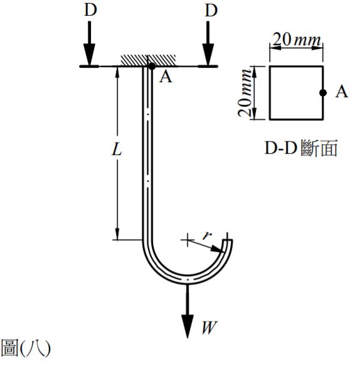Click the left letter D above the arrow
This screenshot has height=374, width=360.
pos(90,11)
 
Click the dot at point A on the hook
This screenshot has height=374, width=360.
pos(151,65)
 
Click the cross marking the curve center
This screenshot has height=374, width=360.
pos(186,239)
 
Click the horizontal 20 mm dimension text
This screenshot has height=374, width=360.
pos(295,40)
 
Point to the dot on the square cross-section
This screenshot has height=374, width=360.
pos(322,92)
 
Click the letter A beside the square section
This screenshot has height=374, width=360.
pos(341,92)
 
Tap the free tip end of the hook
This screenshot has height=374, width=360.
pos(229,242)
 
